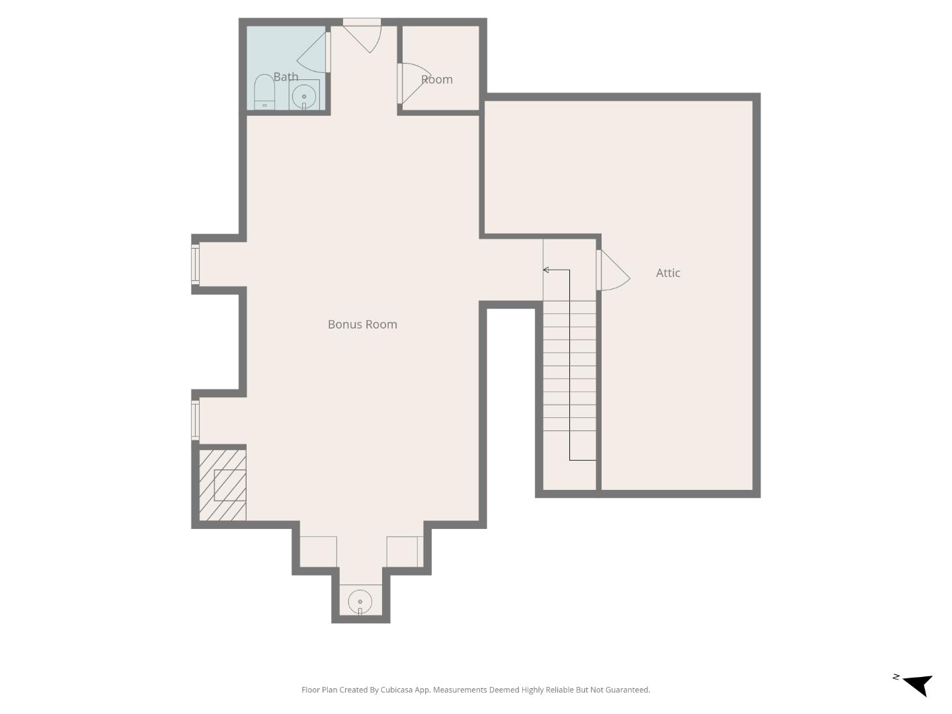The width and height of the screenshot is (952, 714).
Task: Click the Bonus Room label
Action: (362, 324)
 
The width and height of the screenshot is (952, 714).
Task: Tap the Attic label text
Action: (668, 272)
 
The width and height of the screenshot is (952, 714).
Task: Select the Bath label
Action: (286, 77)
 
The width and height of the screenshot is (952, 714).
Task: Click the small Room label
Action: (437, 79)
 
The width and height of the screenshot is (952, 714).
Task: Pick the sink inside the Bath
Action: (304, 96)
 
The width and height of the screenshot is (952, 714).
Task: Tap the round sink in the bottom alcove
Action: (360, 602)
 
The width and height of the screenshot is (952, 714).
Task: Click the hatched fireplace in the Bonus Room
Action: (223, 485)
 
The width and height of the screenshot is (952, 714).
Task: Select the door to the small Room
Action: (413, 83)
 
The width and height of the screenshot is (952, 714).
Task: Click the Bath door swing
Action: (314, 53)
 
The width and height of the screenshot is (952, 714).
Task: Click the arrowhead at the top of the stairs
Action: (546, 270)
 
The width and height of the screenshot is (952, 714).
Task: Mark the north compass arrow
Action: (918, 684)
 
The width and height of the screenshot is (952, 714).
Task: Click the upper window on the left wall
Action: (195, 264)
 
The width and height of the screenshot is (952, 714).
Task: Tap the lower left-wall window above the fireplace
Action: (195, 419)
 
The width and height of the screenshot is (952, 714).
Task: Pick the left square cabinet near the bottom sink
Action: (318, 551)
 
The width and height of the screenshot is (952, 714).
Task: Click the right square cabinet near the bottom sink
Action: (403, 551)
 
